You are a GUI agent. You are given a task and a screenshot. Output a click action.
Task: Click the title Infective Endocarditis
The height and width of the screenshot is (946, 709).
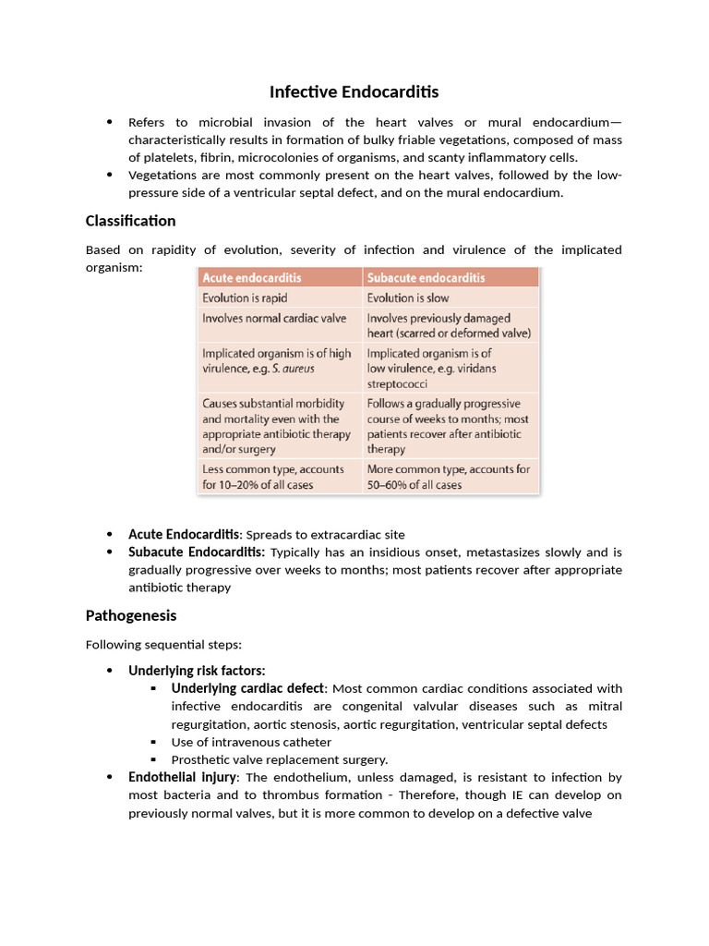click(354, 91)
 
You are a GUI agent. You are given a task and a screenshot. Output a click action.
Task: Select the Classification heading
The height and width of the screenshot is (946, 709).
click(130, 221)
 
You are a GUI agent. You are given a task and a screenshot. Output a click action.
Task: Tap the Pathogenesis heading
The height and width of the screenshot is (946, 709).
click(131, 615)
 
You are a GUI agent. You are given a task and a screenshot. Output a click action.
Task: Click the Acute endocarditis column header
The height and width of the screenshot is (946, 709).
click(252, 277)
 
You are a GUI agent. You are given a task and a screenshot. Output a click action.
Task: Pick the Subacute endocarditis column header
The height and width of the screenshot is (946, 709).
click(426, 277)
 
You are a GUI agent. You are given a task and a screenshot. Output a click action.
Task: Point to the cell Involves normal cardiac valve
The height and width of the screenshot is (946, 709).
click(274, 318)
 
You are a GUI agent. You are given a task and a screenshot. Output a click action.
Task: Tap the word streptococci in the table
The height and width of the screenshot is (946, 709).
click(397, 383)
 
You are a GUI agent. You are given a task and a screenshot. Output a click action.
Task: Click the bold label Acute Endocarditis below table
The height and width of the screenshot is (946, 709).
click(184, 535)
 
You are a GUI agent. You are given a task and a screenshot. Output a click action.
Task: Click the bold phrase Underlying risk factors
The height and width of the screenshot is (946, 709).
click(197, 671)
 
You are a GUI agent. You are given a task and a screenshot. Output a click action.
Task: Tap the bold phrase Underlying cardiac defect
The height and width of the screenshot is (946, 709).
click(247, 688)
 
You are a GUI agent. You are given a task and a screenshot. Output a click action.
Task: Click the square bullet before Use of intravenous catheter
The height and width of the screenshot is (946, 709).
click(153, 742)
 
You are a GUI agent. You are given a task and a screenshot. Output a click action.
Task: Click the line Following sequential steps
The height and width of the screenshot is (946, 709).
click(163, 644)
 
